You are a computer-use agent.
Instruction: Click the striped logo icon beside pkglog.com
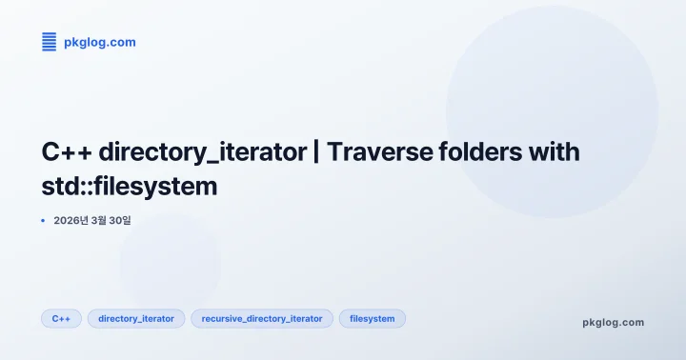[49, 41]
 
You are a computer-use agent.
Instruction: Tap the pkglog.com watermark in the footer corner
[613, 322]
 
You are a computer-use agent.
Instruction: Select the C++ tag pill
[61, 318]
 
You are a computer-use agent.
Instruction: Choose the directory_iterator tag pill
[136, 318]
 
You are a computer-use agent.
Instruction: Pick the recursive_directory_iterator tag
[262, 318]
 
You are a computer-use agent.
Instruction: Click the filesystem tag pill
[373, 318]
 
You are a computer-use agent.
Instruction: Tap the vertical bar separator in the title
[315, 151]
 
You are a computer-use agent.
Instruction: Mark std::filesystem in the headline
[130, 186]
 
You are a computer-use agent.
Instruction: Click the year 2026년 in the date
[72, 220]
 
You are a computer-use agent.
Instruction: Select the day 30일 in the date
[121, 220]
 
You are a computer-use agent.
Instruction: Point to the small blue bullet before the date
[44, 220]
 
